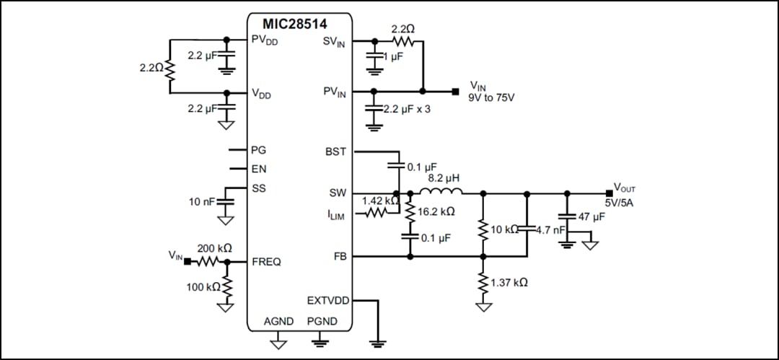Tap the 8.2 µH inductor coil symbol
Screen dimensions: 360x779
click(441, 192)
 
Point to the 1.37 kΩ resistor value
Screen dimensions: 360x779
click(509, 282)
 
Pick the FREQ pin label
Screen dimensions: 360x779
click(266, 261)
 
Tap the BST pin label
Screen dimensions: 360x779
click(335, 152)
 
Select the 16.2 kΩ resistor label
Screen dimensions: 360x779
click(436, 212)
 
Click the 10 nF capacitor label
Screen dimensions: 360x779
click(202, 201)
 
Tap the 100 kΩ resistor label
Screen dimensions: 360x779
click(203, 287)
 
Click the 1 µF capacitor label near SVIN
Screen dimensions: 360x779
click(393, 57)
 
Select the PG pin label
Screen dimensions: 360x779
click(258, 150)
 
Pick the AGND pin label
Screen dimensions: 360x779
click(278, 320)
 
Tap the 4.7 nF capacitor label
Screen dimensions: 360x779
click(550, 229)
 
